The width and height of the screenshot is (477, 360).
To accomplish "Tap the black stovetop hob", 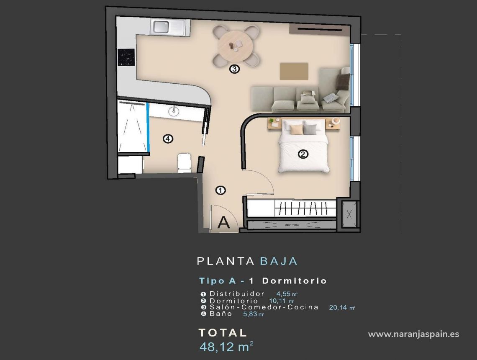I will point(126,57).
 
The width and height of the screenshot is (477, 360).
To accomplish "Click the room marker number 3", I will point(234,69).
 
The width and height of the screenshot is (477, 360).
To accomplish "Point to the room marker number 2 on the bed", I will point(303,154).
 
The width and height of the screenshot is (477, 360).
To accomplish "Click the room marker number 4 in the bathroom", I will point(168,139).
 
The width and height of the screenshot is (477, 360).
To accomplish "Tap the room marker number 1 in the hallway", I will point(221,190).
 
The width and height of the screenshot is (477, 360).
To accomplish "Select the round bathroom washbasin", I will point(173,111).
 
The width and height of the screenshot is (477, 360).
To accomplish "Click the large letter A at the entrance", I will point(224,222).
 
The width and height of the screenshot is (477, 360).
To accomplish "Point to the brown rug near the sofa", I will point(294,71).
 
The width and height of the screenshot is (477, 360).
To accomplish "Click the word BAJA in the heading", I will point(279,261).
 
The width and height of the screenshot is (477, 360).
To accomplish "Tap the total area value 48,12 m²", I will point(226,347).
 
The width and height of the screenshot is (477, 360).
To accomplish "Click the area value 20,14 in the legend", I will point(339,307).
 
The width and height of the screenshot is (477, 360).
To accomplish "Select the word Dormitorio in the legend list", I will point(233,301).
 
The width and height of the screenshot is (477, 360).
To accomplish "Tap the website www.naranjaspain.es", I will point(413,334).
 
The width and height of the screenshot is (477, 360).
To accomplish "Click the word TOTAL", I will point(223,333).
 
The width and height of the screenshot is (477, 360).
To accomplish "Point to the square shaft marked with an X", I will point(350,214).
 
